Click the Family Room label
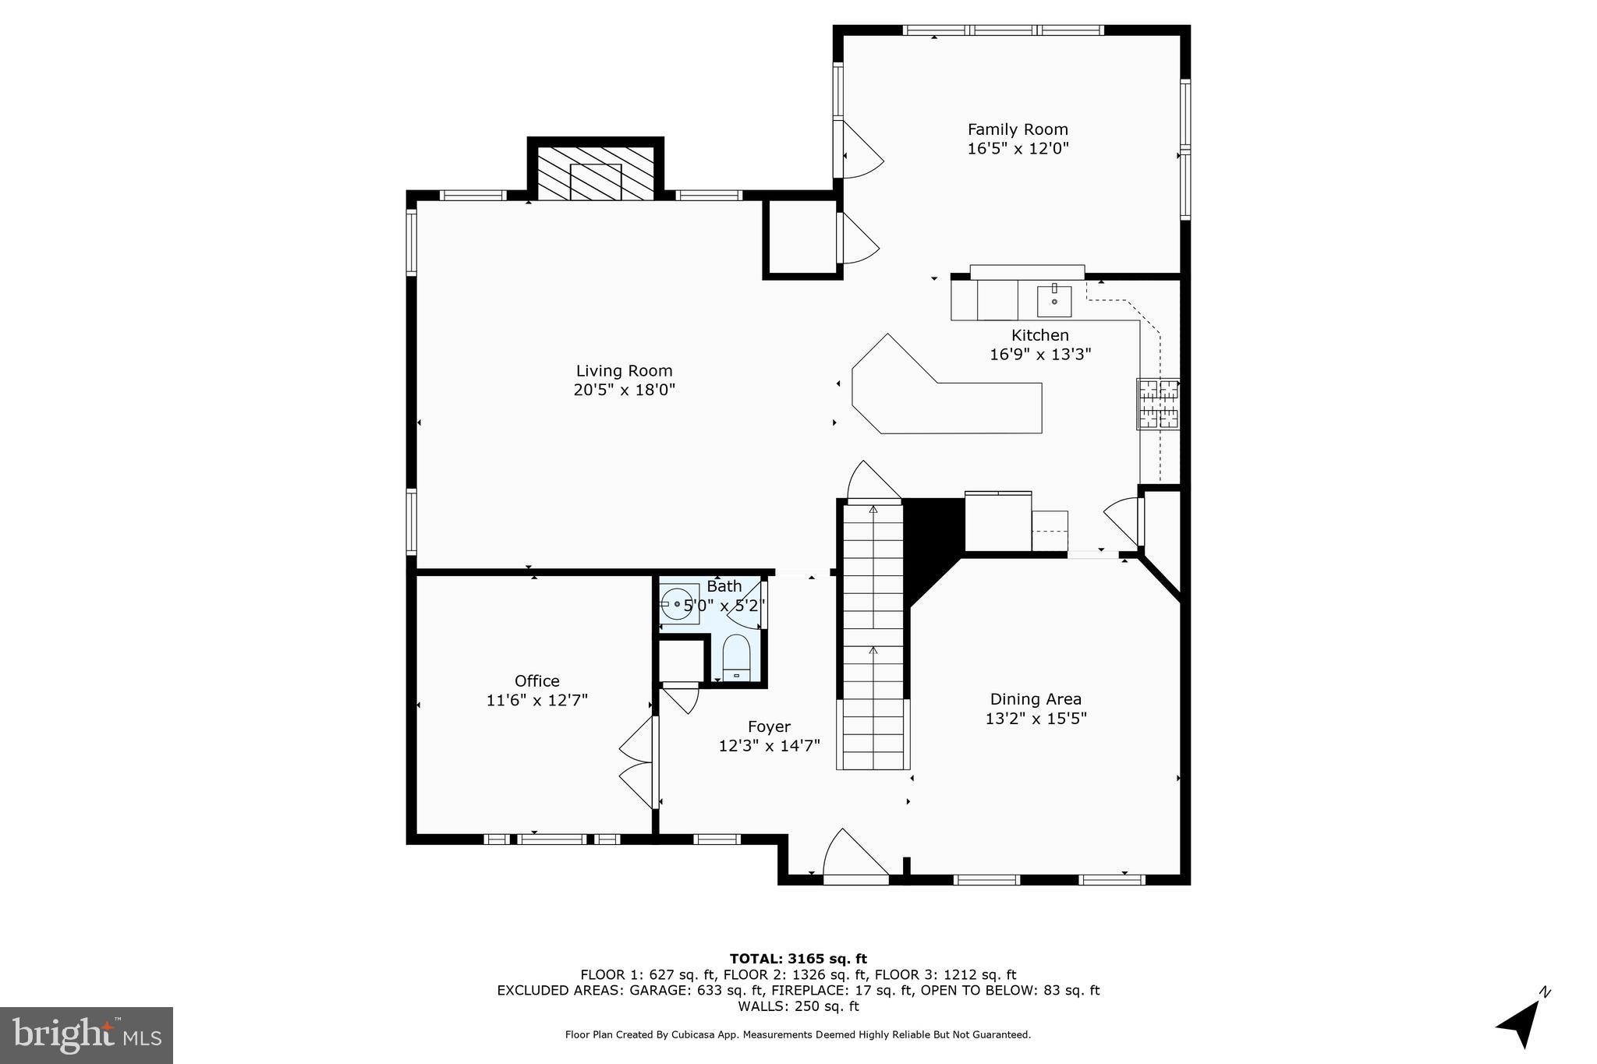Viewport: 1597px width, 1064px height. click(1017, 129)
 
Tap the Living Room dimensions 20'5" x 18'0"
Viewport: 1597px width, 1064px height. click(624, 390)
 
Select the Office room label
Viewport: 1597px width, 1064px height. click(536, 680)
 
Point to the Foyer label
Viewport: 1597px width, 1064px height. click(769, 726)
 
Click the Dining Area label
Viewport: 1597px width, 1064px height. click(1036, 699)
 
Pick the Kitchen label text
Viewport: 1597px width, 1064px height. click(1039, 335)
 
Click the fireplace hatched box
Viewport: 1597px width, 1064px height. click(596, 173)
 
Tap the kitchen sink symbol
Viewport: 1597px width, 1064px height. click(1053, 301)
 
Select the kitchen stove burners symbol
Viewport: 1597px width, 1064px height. click(1158, 404)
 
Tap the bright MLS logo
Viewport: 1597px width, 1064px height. click(87, 1035)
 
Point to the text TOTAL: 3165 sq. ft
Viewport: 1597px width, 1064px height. click(798, 959)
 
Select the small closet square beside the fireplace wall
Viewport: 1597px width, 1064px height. click(801, 238)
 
